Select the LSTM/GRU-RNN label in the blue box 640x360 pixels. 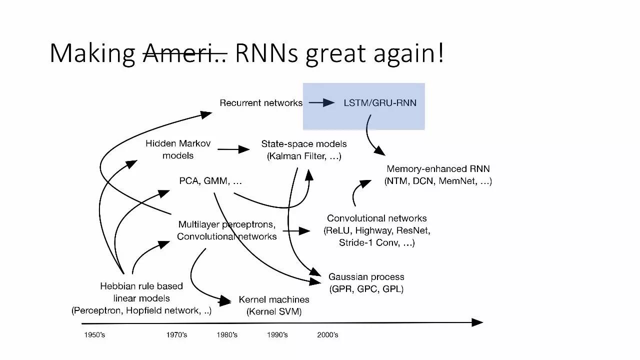click(380, 103)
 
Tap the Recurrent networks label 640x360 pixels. click(261, 103)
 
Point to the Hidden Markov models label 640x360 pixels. click(178, 149)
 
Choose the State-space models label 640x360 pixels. click(304, 144)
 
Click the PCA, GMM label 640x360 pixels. click(210, 181)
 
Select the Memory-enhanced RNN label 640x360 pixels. click(438, 169)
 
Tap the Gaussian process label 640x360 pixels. click(366, 277)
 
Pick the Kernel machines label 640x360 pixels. click(274, 300)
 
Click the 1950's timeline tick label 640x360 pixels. click(94, 335)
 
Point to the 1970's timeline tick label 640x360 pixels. click(176, 335)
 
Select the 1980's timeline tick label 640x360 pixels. click(227, 335)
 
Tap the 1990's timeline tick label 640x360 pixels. click(277, 335)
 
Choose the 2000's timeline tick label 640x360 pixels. click(327, 335)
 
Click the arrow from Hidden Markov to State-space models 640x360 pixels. click(233, 149)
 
